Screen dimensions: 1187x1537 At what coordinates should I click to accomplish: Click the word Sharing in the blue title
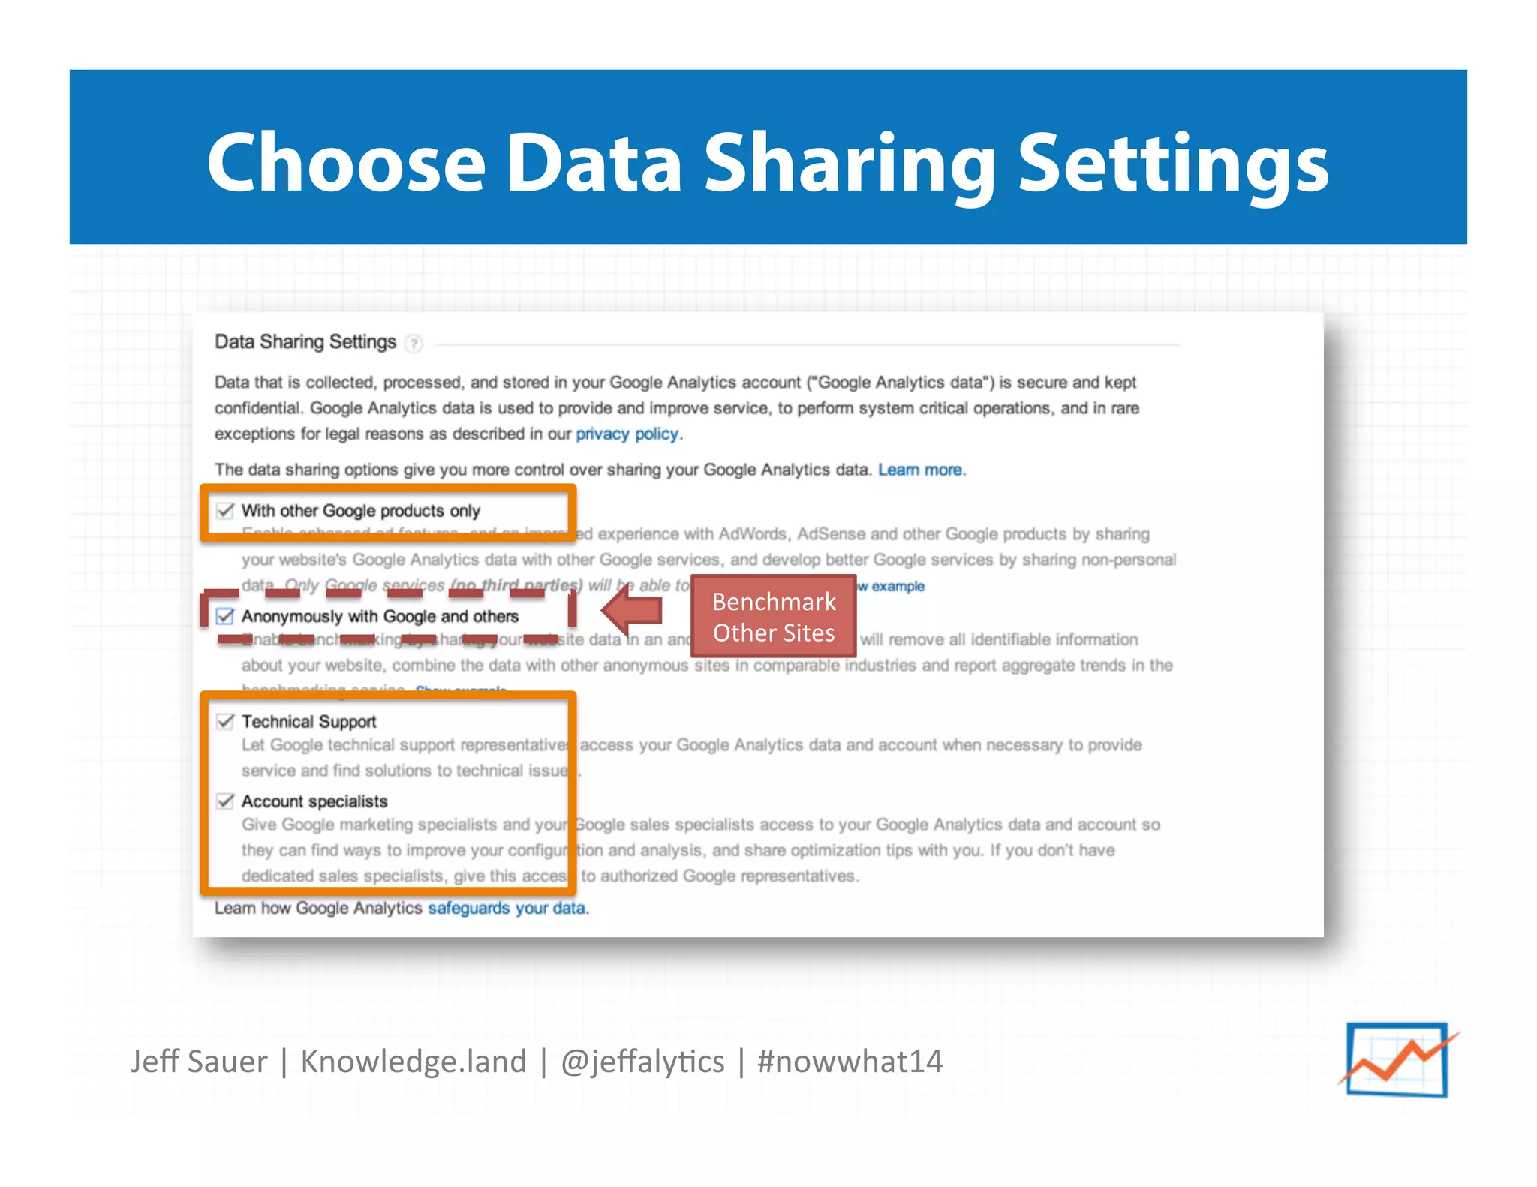point(848,163)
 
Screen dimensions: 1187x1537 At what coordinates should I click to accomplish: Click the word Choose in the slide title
point(347,163)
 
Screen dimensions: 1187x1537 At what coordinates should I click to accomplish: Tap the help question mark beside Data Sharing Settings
point(413,344)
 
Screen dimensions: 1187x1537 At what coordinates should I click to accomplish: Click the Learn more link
point(921,470)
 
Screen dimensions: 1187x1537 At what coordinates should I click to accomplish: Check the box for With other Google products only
point(225,511)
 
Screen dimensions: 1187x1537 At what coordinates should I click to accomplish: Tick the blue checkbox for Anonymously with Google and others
point(225,616)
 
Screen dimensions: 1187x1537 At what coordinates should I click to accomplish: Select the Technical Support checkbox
point(225,721)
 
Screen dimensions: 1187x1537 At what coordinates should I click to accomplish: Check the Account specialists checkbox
point(225,801)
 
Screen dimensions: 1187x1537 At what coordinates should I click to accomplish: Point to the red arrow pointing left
point(632,611)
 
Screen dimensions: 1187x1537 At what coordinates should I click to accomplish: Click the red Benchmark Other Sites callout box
point(773,617)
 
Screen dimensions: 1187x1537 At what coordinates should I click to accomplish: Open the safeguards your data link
point(507,908)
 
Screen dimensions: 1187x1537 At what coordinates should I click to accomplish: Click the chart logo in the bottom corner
point(1397,1059)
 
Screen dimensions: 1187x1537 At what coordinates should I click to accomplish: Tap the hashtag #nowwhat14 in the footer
point(849,1062)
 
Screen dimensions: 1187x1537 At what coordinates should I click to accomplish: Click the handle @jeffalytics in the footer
point(642,1062)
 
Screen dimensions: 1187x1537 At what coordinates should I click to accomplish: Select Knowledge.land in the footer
point(414,1062)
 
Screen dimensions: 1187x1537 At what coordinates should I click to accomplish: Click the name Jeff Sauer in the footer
point(198,1062)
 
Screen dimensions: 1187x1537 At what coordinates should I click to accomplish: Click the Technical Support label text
point(308,721)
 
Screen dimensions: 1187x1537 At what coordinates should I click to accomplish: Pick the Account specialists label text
point(314,801)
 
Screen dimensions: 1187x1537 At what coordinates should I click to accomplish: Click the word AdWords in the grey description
point(752,534)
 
